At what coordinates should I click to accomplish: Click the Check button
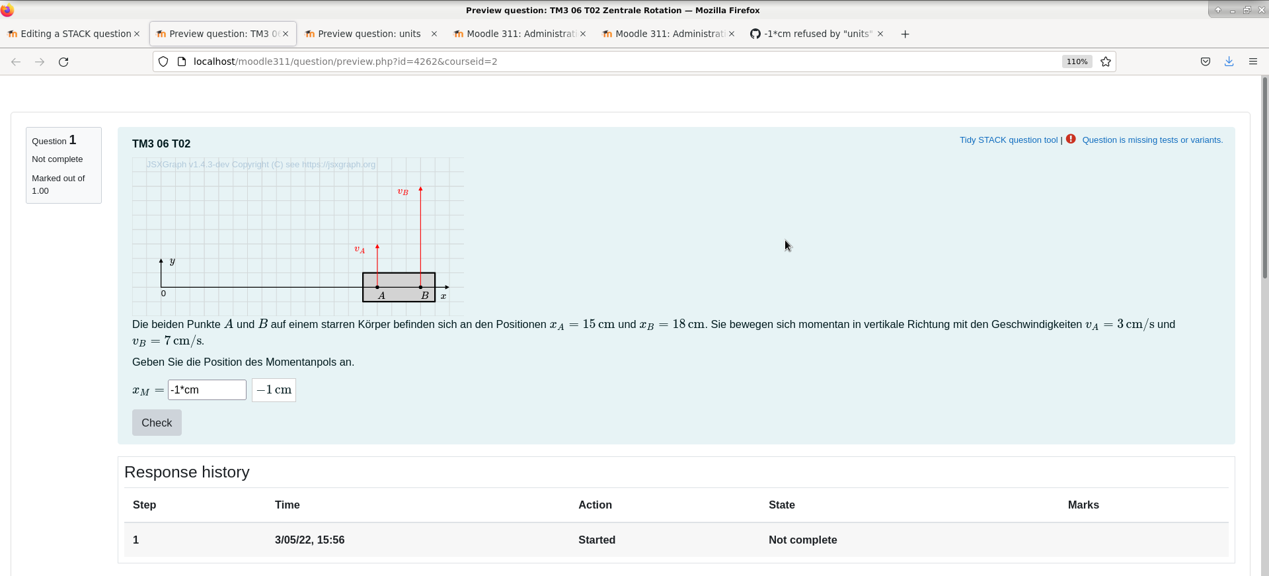coord(157,423)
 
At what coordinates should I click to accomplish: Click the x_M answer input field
coord(207,390)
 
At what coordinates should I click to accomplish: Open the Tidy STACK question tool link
coord(1009,140)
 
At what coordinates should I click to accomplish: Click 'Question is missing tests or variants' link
coord(1152,140)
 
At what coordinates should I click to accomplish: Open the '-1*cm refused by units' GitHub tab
coord(818,34)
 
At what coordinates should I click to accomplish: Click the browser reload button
coord(63,62)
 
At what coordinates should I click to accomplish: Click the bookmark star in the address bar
coord(1106,62)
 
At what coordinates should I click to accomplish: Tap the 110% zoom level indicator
coord(1077,62)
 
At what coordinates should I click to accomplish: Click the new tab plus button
coord(905,34)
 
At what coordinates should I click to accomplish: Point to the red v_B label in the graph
coord(403,192)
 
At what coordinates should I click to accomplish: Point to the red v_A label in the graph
coord(360,249)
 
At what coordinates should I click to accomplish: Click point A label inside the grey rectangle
coord(381,296)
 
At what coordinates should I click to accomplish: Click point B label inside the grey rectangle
coord(425,296)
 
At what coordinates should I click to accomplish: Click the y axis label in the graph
coord(173,261)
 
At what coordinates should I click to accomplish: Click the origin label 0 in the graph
coord(163,294)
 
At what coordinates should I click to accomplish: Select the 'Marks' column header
coord(1083,505)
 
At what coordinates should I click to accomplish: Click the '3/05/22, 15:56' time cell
coord(309,540)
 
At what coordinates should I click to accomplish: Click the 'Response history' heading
coord(187,472)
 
